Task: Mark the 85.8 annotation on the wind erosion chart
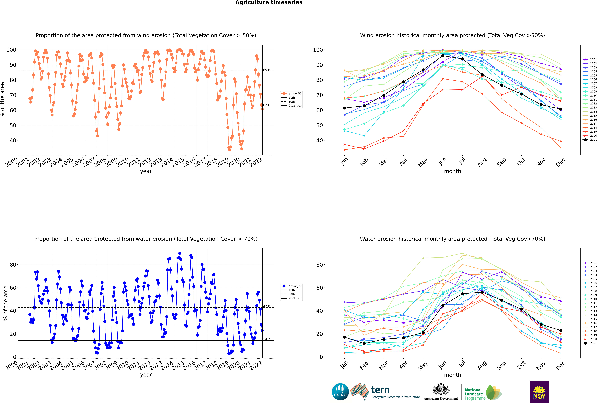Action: pyautogui.click(x=267, y=70)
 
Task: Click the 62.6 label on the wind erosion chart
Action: pyautogui.click(x=267, y=105)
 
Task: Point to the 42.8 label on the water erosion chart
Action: pyautogui.click(x=267, y=306)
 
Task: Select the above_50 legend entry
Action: pyautogui.click(x=291, y=94)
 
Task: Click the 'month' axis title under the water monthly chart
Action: pyautogui.click(x=452, y=375)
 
